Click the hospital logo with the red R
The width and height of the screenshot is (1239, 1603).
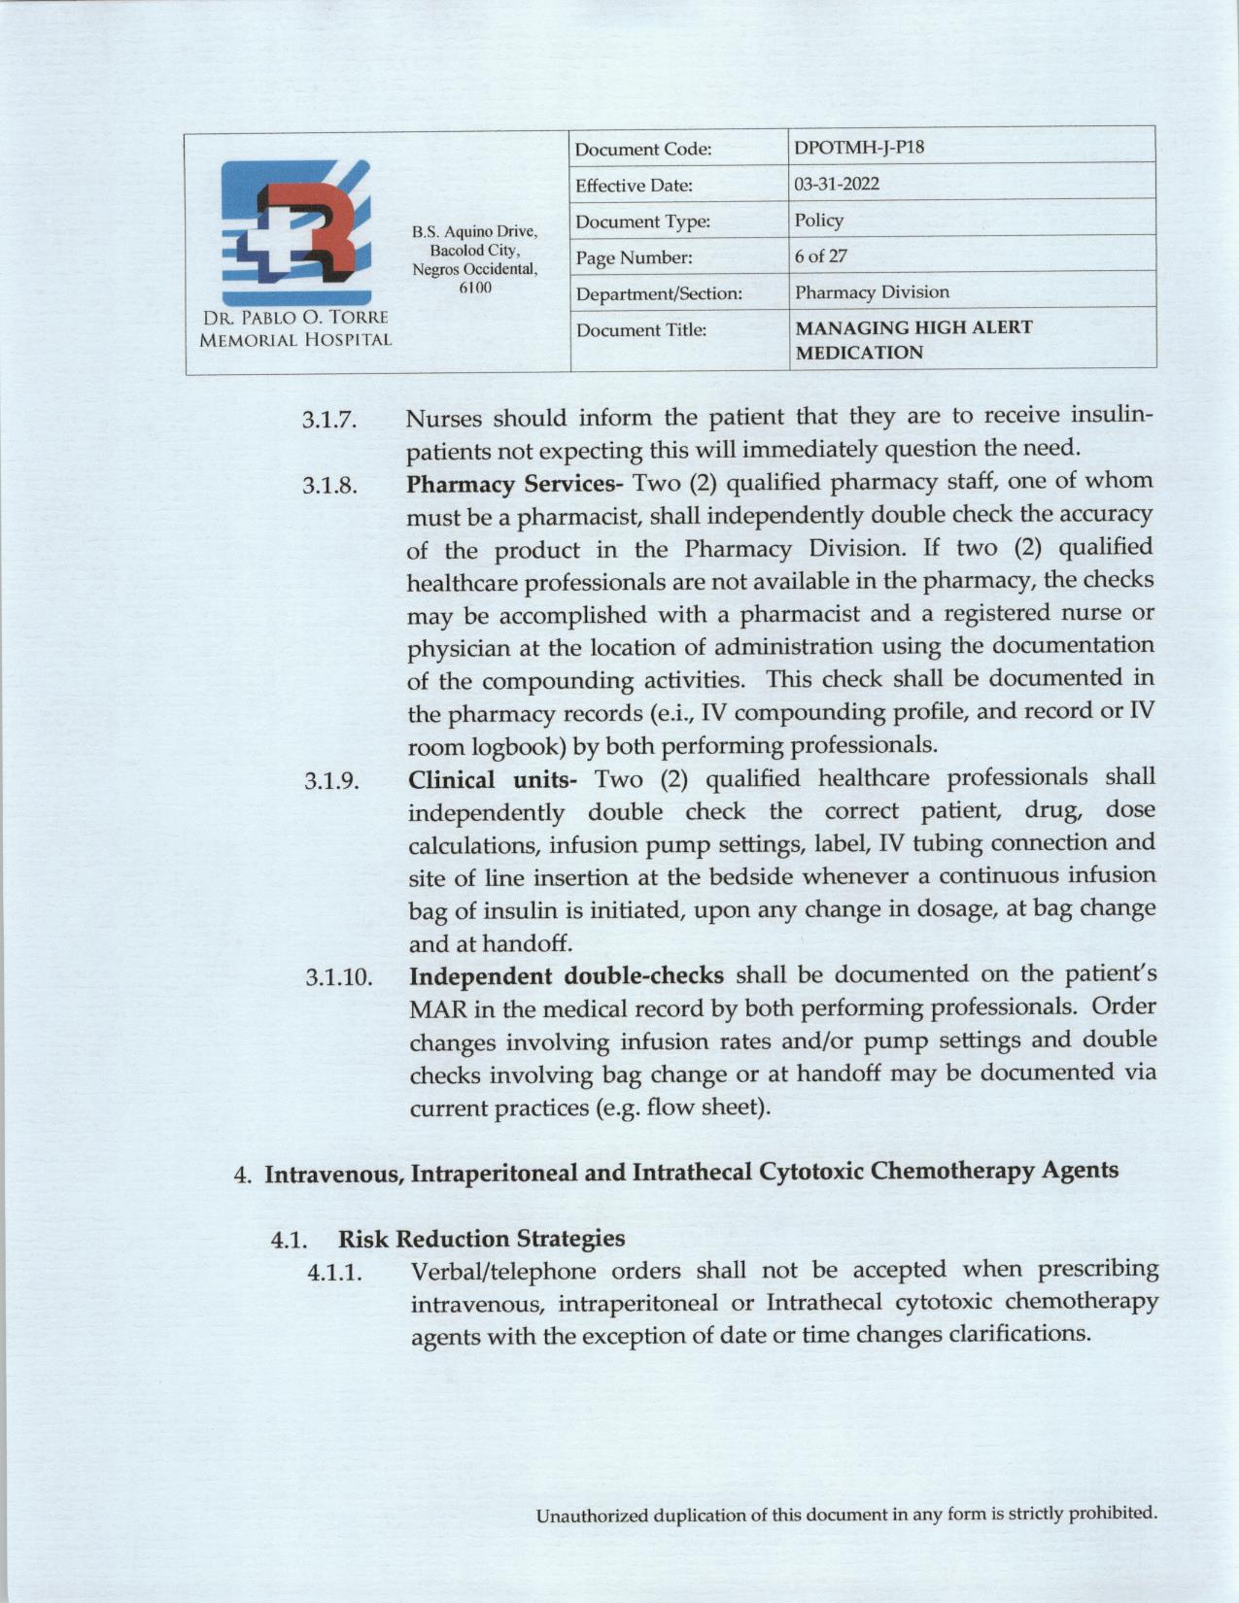[x=295, y=232]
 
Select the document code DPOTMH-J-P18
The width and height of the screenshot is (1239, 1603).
[x=852, y=148]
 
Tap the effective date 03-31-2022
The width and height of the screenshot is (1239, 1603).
[x=837, y=184]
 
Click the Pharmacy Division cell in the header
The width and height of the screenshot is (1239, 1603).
[x=872, y=291]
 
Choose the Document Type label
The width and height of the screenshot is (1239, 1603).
[x=642, y=222]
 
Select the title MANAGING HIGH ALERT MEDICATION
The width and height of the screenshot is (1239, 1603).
[x=913, y=340]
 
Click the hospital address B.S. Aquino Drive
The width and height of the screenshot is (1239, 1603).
[x=474, y=232]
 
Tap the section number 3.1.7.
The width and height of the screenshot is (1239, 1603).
[x=329, y=421]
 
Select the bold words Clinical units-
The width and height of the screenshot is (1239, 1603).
[x=494, y=779]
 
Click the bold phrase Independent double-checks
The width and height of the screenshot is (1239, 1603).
[x=566, y=975]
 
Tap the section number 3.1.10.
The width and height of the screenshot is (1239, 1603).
[x=337, y=977]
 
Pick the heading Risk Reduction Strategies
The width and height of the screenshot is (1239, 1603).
[x=481, y=1239]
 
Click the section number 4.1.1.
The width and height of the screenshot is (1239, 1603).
[x=335, y=1273]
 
